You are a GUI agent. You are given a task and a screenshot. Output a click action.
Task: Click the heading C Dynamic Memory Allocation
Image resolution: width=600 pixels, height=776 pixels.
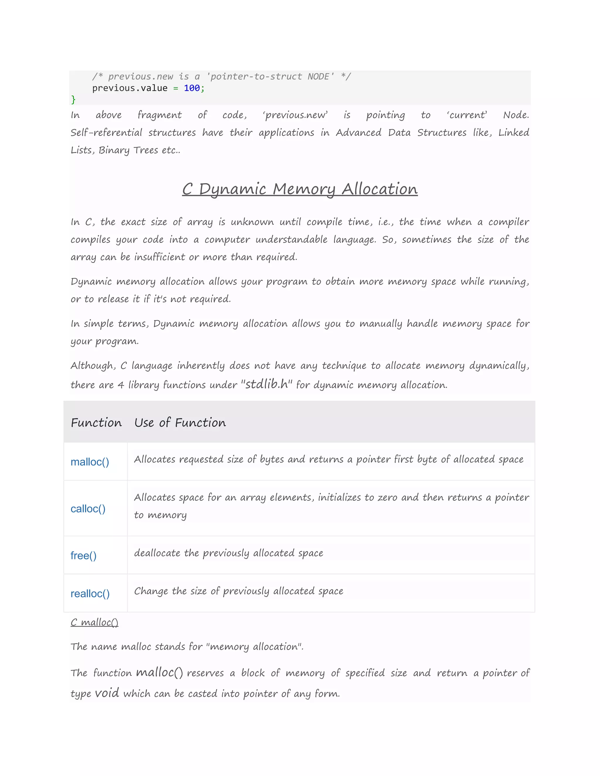pyautogui.click(x=300, y=189)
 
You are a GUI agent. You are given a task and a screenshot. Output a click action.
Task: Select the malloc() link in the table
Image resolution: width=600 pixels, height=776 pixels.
pyautogui.click(x=90, y=462)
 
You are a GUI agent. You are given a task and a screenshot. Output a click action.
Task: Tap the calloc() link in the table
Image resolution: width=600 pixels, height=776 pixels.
pyautogui.click(x=88, y=509)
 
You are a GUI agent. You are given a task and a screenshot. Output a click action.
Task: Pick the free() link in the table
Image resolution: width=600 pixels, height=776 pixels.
pyautogui.click(x=83, y=555)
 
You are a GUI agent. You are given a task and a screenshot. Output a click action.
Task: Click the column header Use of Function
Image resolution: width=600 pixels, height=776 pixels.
pyautogui.click(x=180, y=423)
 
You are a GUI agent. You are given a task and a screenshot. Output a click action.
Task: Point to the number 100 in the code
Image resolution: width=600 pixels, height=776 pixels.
pyautogui.click(x=192, y=88)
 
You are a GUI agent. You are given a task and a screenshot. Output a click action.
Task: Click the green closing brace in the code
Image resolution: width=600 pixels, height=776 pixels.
pyautogui.click(x=73, y=100)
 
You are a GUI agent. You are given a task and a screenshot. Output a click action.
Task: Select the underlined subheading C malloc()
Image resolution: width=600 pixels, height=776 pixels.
pyautogui.click(x=94, y=622)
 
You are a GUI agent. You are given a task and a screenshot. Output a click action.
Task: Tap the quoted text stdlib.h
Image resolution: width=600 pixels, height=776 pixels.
pyautogui.click(x=267, y=384)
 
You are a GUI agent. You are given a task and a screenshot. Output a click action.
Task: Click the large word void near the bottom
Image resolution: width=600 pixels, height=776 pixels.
pyautogui.click(x=107, y=693)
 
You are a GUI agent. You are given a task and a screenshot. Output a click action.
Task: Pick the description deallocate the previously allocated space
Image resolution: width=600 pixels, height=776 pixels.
pyautogui.click(x=229, y=553)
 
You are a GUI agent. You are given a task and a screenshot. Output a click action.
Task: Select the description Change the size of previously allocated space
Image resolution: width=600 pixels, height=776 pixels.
pyautogui.click(x=238, y=591)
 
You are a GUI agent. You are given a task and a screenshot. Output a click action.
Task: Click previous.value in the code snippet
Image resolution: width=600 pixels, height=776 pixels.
pyautogui.click(x=130, y=88)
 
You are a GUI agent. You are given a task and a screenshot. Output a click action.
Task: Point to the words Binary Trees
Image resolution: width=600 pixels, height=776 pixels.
pyautogui.click(x=128, y=150)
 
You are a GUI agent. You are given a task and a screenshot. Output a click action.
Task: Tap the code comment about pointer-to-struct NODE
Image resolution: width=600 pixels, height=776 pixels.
pyautogui.click(x=221, y=77)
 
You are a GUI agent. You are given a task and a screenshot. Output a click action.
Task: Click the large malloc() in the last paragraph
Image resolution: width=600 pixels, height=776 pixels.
pyautogui.click(x=159, y=672)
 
